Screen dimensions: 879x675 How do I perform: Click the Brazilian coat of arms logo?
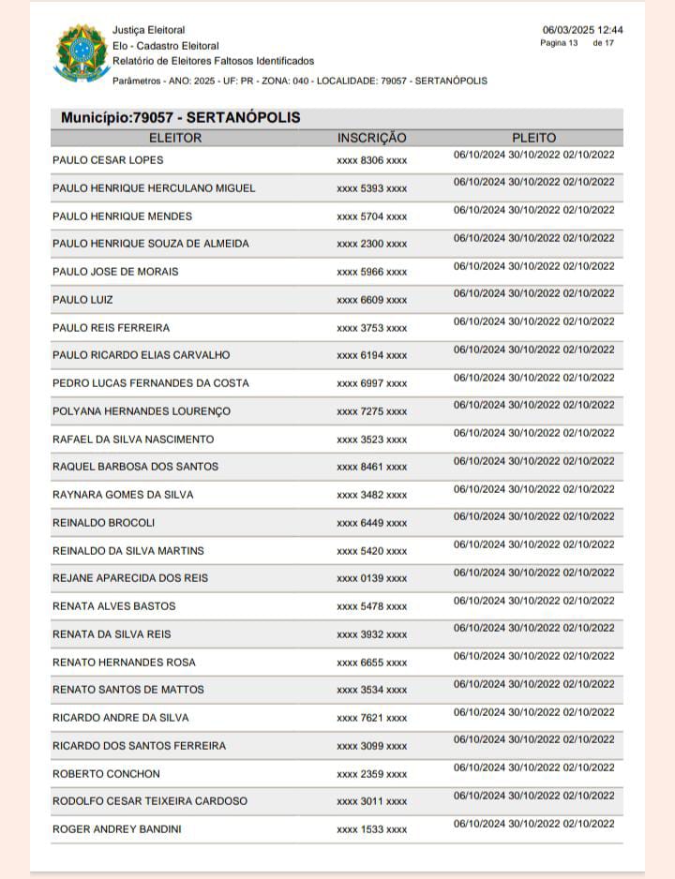click(82, 52)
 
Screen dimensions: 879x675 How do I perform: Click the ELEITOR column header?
click(175, 138)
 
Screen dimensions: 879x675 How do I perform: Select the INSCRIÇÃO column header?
click(371, 138)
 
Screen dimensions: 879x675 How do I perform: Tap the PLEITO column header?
click(533, 138)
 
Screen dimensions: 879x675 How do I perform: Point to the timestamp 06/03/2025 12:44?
click(582, 30)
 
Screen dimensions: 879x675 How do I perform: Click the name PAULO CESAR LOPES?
click(108, 160)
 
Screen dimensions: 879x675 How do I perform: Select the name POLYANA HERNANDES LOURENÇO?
click(142, 411)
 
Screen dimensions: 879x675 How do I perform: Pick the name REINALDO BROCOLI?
click(104, 523)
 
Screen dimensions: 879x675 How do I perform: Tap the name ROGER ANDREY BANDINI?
click(117, 829)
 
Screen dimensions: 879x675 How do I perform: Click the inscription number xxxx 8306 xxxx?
click(371, 161)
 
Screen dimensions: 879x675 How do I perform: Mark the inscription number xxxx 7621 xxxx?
click(371, 719)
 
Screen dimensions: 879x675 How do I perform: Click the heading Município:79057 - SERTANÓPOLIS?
click(181, 118)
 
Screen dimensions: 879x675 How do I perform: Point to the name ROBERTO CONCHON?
click(106, 774)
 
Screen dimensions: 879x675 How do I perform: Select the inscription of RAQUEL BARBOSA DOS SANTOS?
click(371, 468)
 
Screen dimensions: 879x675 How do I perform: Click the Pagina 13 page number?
click(560, 44)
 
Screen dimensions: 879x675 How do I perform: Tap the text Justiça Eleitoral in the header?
click(149, 30)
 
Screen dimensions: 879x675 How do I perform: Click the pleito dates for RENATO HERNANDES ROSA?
click(533, 656)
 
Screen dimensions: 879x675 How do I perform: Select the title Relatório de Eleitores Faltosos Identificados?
click(213, 61)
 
